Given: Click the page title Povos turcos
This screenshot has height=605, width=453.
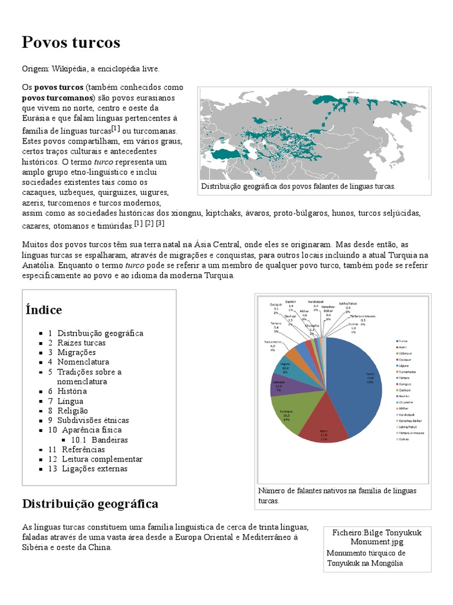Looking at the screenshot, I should click(71, 43).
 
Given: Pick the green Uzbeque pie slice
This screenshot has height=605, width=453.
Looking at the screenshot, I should click(288, 413).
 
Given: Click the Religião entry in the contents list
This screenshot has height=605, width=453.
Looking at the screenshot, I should click(73, 411).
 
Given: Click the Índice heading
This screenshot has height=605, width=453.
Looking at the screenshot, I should click(44, 310).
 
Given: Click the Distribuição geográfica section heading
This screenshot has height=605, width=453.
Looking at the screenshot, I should click(90, 504).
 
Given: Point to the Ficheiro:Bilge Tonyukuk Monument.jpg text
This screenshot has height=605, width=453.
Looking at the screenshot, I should click(377, 537).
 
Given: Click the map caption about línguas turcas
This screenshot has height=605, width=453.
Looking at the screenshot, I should click(298, 186).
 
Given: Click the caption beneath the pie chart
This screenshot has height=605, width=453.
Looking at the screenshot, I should click(337, 496).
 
